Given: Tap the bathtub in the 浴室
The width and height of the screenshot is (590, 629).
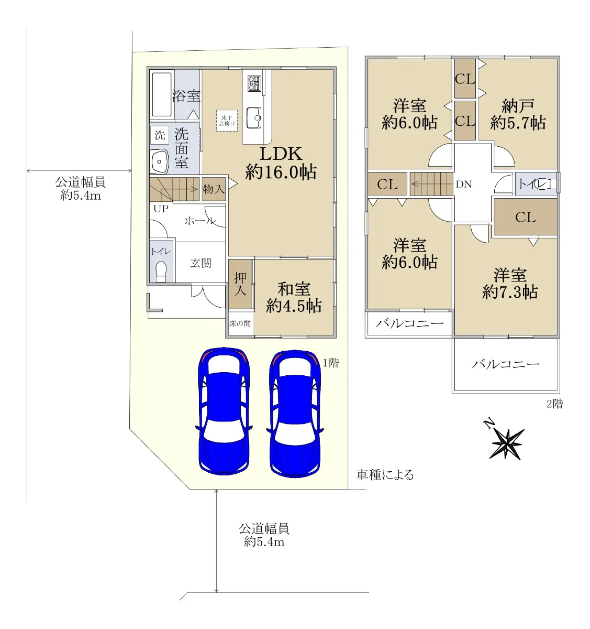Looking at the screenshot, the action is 162,95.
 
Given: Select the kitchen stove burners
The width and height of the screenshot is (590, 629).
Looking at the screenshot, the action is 254,83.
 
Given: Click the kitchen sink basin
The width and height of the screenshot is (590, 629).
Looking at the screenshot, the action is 254,118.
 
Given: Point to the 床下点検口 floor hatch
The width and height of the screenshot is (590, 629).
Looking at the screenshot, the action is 227,121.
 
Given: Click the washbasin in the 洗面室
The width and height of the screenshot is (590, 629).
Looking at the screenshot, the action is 159,161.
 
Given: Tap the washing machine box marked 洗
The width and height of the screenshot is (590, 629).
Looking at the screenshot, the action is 160,135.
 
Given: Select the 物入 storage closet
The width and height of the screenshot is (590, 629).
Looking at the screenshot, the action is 214,189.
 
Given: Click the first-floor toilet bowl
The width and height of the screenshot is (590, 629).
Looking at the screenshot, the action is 161,272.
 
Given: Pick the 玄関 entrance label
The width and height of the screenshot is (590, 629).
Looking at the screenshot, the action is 201,263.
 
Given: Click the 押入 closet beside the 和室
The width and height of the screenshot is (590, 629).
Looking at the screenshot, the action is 240,284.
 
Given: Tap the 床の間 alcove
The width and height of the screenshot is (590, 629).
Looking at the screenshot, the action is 240,323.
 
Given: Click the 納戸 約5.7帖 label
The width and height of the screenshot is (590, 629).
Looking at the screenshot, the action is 518,114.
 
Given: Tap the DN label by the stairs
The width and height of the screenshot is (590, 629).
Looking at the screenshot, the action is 464,184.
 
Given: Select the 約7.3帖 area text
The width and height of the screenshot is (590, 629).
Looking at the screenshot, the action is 510,292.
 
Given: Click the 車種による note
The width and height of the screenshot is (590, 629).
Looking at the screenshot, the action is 385,474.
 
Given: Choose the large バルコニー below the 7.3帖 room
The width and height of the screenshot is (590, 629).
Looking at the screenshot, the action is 506,364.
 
